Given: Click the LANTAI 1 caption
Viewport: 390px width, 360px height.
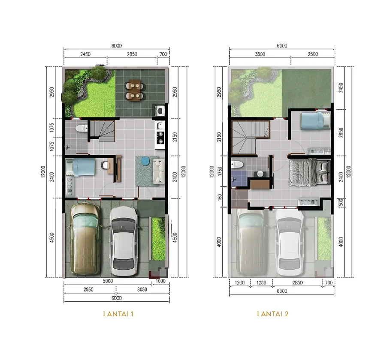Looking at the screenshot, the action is [118, 314].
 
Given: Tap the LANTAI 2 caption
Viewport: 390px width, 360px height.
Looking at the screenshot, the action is [272, 314].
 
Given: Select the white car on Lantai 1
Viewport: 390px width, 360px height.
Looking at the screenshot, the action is [124, 241].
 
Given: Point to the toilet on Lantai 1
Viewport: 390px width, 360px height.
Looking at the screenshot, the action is [81, 128].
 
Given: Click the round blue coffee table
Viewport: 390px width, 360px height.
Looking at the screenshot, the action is [145, 161].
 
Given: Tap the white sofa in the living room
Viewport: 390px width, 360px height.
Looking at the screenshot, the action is [158, 171].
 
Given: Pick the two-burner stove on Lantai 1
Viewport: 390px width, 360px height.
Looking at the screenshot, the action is [160, 138].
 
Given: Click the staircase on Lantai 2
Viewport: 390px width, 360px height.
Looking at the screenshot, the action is [251, 138].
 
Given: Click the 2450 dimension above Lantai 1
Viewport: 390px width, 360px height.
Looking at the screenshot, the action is [85, 54].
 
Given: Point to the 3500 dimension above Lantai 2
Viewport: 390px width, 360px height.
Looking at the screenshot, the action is [260, 54].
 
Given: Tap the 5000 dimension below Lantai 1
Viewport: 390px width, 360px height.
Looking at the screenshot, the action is [108, 281].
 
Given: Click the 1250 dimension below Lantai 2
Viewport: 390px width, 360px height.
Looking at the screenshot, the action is [261, 282].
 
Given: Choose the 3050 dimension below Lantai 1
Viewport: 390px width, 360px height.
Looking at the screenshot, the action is [142, 289].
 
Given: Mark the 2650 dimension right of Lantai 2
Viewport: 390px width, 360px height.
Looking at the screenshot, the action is [341, 132].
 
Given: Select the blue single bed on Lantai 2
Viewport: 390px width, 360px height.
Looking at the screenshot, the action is [315, 121].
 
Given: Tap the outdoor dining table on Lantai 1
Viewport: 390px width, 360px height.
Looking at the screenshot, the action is [135, 90].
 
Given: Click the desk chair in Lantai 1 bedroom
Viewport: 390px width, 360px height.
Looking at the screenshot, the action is [105, 165].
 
